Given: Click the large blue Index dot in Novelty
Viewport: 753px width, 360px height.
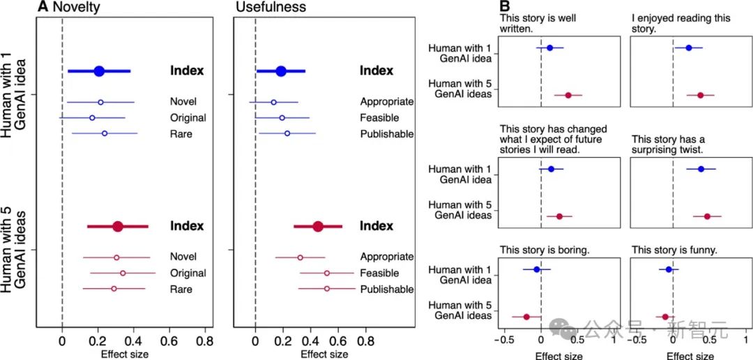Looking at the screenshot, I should [99, 70].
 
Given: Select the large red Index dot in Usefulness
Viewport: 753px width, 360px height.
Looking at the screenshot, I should [318, 226].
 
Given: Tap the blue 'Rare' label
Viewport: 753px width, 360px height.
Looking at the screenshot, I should [180, 133].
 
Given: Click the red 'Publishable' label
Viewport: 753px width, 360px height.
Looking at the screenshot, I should [386, 289].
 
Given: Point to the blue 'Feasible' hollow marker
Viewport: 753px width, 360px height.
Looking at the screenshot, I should [282, 118].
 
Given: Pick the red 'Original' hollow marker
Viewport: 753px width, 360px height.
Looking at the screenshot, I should [123, 273].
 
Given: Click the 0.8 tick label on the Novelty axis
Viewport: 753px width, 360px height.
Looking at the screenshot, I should [204, 343].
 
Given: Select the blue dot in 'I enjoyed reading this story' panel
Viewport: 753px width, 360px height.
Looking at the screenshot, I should [689, 48].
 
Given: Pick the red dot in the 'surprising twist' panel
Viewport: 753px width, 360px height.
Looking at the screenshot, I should [707, 217].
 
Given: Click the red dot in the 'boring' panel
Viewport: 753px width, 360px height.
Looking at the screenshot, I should [526, 317].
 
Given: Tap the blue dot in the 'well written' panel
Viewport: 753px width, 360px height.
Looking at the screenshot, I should [549, 48].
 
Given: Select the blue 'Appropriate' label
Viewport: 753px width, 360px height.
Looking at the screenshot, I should [386, 102].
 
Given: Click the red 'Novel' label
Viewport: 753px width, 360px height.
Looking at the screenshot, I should [183, 257].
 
